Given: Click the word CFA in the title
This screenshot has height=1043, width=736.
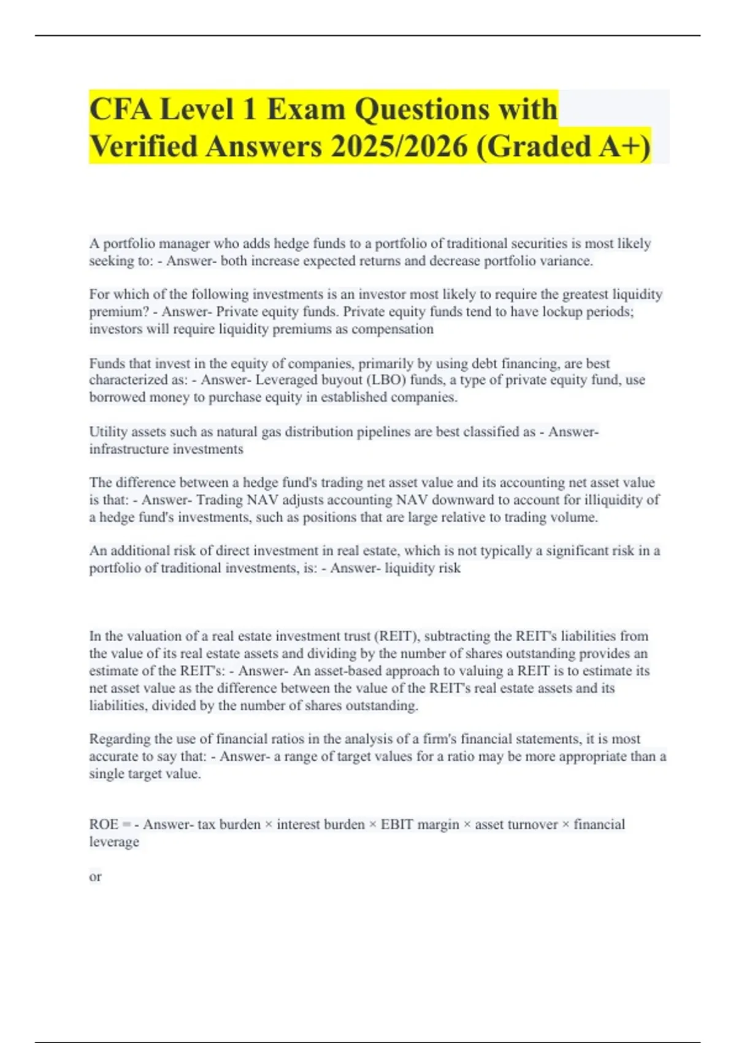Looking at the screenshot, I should pos(120,110).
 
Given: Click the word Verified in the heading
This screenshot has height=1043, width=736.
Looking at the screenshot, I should pos(143,147).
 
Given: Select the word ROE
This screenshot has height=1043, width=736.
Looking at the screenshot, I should pos(104,825).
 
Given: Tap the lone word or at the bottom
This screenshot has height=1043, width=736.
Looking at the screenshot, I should pos(95,877).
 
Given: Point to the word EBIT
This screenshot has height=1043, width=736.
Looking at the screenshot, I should pos(397,825).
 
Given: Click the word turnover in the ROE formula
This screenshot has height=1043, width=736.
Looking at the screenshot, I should pos(532,825).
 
